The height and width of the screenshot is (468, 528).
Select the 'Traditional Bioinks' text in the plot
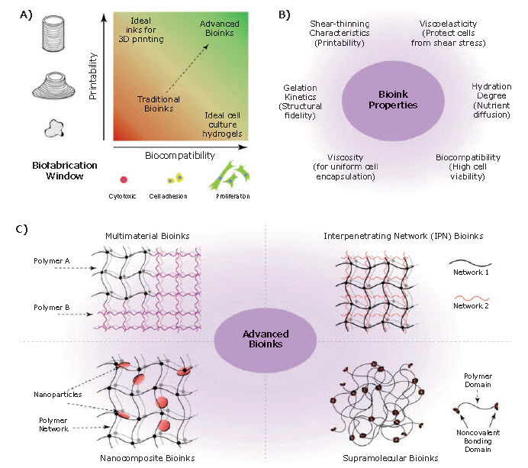(x=157, y=105)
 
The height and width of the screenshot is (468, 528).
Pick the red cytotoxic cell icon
(x=124, y=179)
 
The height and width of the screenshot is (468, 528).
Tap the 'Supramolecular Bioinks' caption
(x=391, y=458)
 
